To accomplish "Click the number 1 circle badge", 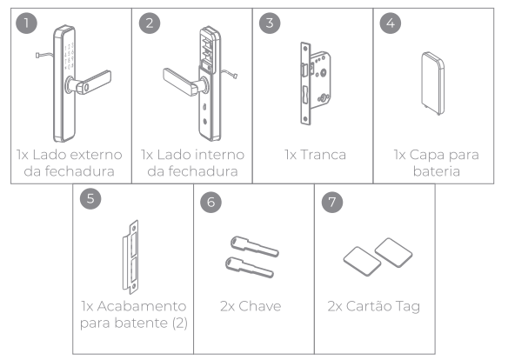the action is point(26,23).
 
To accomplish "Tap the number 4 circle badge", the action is point(391,23).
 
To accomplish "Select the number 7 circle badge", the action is point(332,202).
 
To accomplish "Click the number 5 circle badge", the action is point(90,198).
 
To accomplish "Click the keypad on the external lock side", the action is point(69,56).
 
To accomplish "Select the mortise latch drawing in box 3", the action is point(315,83).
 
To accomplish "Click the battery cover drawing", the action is point(433,83).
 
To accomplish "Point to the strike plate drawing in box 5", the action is point(130,257).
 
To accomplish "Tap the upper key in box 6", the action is point(255,246).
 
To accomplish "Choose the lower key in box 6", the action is point(250,268).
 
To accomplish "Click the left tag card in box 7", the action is point(362,261).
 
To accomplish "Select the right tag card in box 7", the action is point(393,252).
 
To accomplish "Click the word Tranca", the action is point(323,155).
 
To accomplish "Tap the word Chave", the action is point(260,306).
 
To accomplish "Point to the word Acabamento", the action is point(142,306).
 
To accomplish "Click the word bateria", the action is point(437,171).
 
